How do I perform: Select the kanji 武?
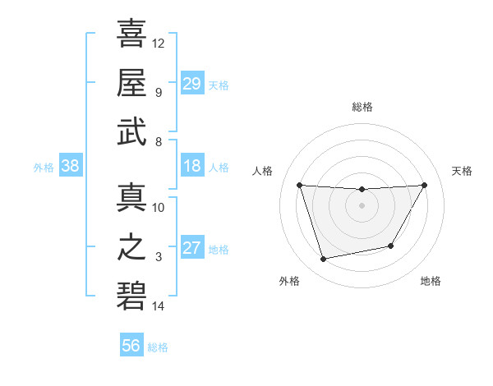(x=131, y=132)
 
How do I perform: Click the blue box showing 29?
(x=192, y=84)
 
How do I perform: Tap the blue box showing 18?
(x=192, y=167)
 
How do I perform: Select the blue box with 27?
(x=192, y=249)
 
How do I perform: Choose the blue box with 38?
(x=71, y=167)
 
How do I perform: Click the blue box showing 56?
(x=131, y=347)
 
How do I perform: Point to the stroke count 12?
(x=159, y=42)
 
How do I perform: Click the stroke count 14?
(x=159, y=306)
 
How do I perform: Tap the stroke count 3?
(x=159, y=257)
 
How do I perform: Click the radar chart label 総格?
(x=362, y=107)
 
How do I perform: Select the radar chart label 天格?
(x=463, y=171)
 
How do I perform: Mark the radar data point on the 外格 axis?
(x=324, y=259)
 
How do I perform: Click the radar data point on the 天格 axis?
(x=424, y=185)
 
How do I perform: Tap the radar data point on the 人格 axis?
(x=299, y=185)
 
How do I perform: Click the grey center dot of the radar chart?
(x=362, y=205)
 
